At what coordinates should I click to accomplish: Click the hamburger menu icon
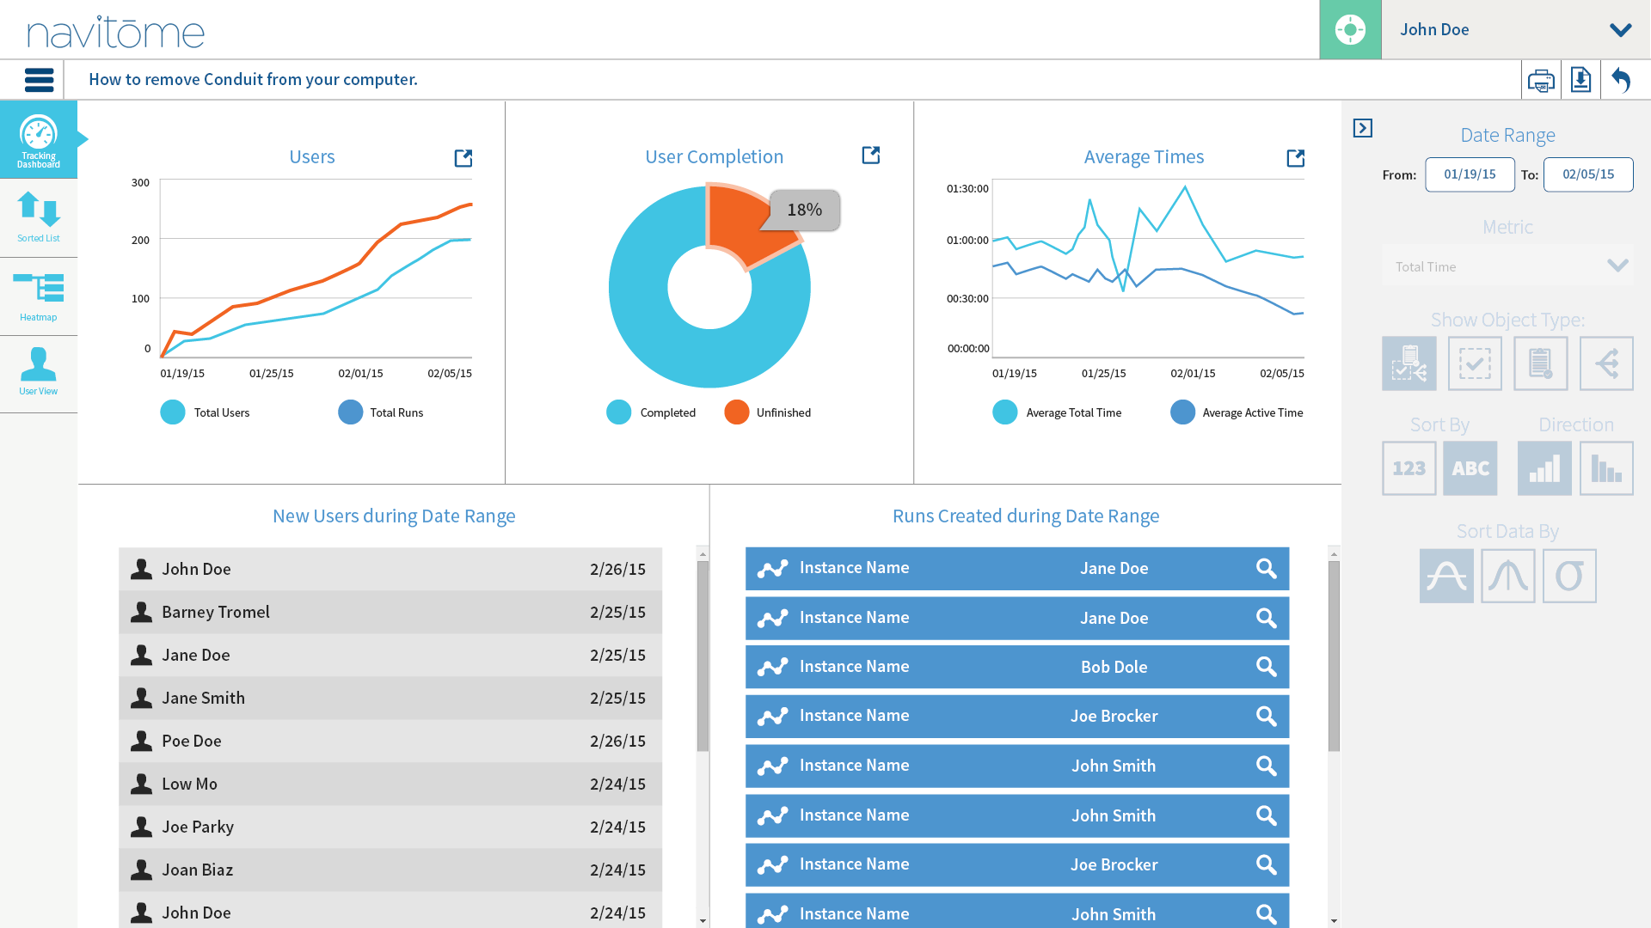click(39, 80)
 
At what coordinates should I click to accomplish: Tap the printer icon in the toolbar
click(1541, 81)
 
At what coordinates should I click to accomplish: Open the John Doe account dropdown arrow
click(1620, 30)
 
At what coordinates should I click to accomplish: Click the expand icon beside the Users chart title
click(463, 158)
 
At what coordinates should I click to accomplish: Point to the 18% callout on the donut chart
click(804, 210)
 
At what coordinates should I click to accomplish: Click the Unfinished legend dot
click(737, 412)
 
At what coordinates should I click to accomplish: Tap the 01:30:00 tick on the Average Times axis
click(967, 188)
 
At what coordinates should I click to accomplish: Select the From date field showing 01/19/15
click(1470, 174)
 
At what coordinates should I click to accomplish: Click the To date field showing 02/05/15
click(1587, 174)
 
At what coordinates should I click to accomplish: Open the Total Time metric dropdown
click(1507, 266)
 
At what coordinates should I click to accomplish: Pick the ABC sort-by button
click(1470, 468)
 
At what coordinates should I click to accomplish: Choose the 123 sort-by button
click(1409, 468)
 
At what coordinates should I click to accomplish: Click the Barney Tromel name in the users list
click(216, 612)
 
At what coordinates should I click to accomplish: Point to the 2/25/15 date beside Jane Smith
click(617, 698)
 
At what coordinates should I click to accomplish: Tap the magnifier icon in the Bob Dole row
click(1266, 667)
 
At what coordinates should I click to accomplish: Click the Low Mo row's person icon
click(141, 784)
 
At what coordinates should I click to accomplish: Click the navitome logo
click(116, 32)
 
